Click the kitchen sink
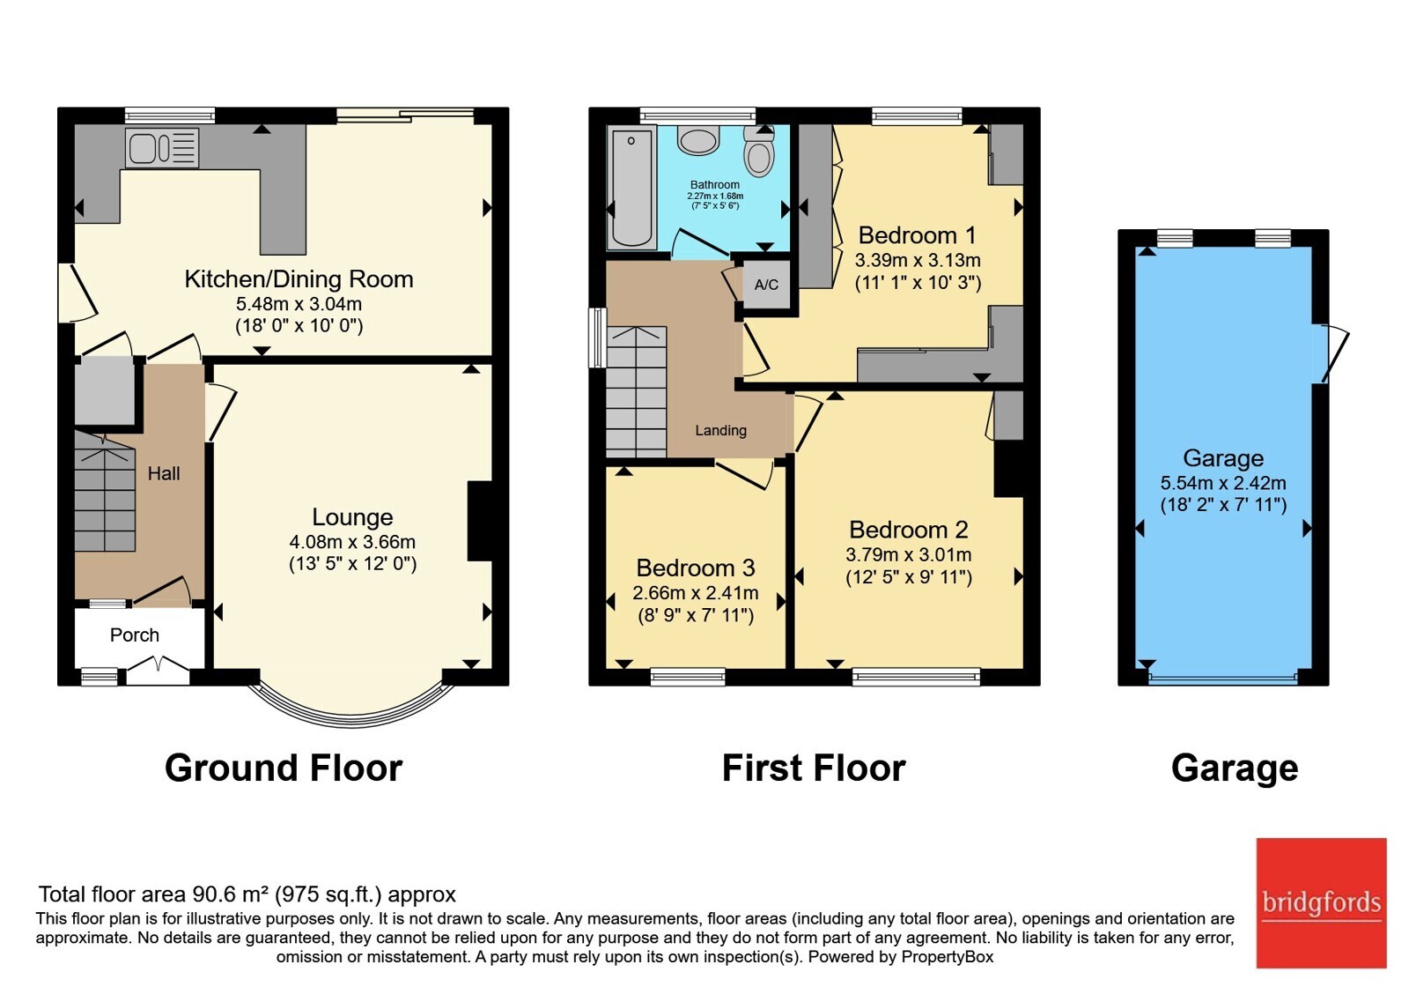162,149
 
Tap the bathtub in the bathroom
631,187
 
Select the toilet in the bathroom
758,151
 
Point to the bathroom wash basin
698,140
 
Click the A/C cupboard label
766,286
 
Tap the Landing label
721,431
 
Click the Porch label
135,635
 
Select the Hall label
164,473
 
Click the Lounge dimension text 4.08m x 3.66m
352,542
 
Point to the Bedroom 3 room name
696,568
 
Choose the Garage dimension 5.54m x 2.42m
1223,484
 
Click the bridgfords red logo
1322,902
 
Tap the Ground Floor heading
284,768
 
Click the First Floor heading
814,768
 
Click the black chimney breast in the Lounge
481,521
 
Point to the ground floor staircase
105,492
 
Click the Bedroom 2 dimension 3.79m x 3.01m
909,554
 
